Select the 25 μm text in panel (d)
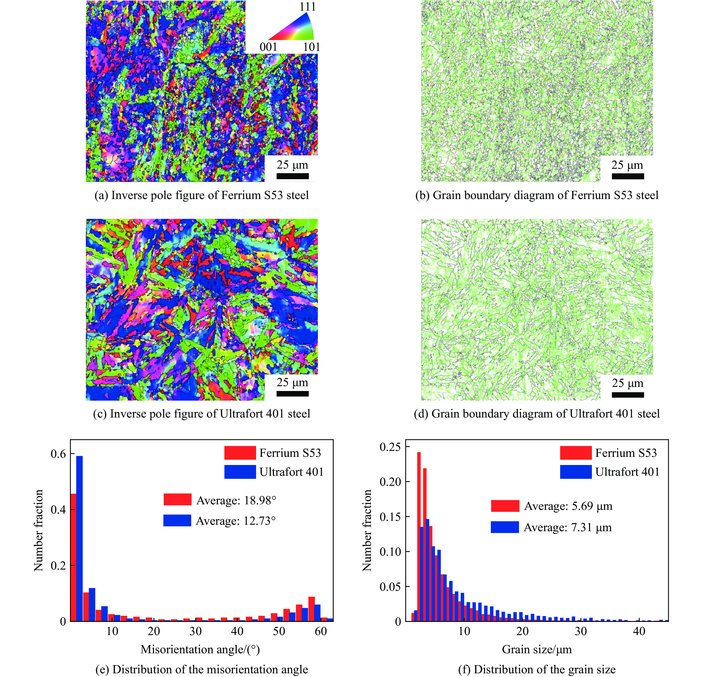coord(627,383)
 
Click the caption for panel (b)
coord(537,195)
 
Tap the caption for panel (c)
coord(201,414)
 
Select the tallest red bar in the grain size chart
coord(419,537)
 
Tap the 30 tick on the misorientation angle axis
coord(196,631)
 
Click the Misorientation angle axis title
coord(200,649)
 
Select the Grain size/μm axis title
coord(537,649)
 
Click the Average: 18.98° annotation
coord(236,500)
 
